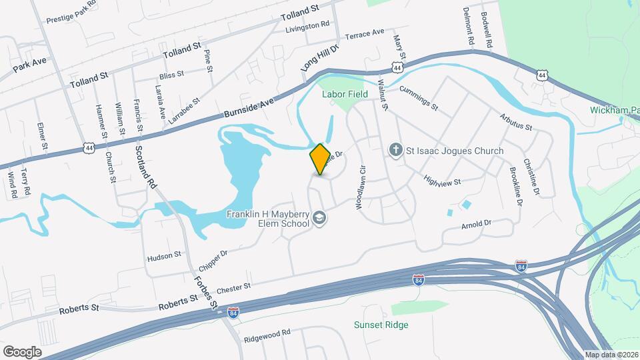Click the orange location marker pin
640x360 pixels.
click(x=320, y=159)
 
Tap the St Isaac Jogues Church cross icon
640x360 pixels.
click(x=395, y=151)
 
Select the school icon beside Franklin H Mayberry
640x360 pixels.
click(x=320, y=219)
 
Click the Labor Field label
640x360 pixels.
click(x=345, y=95)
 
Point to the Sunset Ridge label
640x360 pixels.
click(x=381, y=325)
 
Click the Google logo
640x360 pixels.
click(x=22, y=351)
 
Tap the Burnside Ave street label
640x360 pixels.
click(x=249, y=107)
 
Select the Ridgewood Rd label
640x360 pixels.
click(x=267, y=331)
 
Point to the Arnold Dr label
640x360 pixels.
click(x=476, y=224)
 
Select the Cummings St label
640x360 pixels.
click(x=419, y=98)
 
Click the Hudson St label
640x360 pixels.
click(x=164, y=255)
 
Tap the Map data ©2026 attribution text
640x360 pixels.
click(x=611, y=355)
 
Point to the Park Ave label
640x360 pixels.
click(x=30, y=64)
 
